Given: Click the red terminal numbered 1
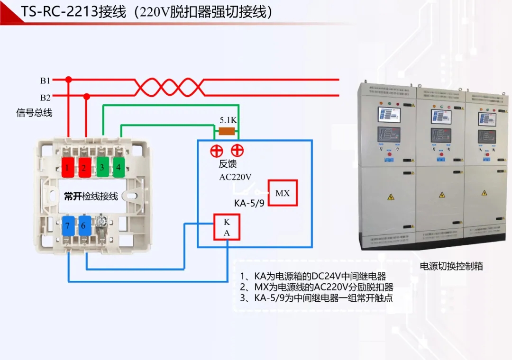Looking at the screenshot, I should pyautogui.click(x=68, y=167).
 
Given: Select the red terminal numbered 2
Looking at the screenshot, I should pyautogui.click(x=84, y=167).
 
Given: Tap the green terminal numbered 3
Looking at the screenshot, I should pyautogui.click(x=102, y=167).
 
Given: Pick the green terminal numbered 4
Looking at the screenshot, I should pyautogui.click(x=119, y=167).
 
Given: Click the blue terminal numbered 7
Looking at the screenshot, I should pyautogui.click(x=68, y=226).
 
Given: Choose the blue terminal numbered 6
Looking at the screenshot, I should pyautogui.click(x=83, y=226).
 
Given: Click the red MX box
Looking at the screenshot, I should pyautogui.click(x=283, y=193).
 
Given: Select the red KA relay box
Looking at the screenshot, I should pyautogui.click(x=227, y=227).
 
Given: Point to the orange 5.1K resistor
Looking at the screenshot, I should pyautogui.click(x=227, y=131).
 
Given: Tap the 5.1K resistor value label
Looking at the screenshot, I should pyautogui.click(x=228, y=120).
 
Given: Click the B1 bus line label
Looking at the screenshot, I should pyautogui.click(x=45, y=81).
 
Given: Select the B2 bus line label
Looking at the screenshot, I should pyautogui.click(x=45, y=98).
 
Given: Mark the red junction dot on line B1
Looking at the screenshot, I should pyautogui.click(x=68, y=80).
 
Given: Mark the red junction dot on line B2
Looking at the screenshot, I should pyautogui.click(x=86, y=97).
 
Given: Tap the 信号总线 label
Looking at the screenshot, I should pyautogui.click(x=34, y=113).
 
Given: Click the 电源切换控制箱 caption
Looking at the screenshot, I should pyautogui.click(x=451, y=266).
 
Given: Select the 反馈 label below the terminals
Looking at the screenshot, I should pyautogui.click(x=228, y=164).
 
